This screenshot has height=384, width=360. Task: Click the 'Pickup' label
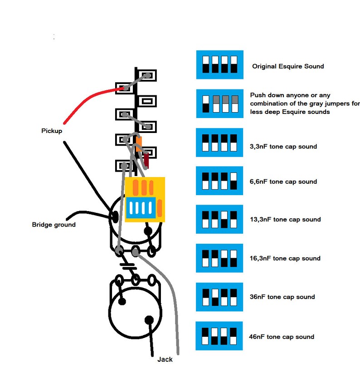[52, 131]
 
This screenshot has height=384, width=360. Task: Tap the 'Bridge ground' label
[54, 225]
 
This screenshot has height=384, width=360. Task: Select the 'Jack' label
[165, 359]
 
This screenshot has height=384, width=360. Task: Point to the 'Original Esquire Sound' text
[288, 66]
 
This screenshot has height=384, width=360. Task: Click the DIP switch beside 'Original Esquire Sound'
[219, 64]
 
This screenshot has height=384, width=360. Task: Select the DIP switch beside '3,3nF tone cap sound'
[219, 142]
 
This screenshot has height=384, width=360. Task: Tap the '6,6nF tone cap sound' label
[283, 182]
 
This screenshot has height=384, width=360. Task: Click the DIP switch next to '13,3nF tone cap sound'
[219, 219]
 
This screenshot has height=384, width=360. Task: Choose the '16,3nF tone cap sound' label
[285, 258]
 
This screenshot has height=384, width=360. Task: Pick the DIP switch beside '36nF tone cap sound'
[219, 297]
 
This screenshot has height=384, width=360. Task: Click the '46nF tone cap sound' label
[282, 337]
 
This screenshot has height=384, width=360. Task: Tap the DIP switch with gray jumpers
[219, 103]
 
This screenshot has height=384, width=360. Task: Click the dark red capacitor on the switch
[146, 159]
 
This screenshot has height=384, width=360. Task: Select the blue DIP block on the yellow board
[141, 208]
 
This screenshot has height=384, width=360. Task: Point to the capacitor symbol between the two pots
[128, 266]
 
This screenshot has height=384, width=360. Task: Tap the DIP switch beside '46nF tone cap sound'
[219, 336]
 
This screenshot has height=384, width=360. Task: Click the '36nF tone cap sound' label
[282, 297]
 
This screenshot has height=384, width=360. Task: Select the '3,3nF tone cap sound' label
[283, 147]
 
